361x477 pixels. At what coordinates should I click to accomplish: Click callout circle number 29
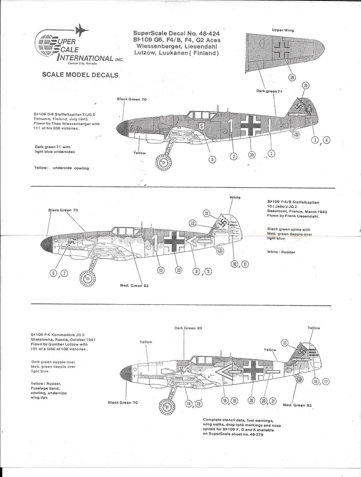coord(292,77)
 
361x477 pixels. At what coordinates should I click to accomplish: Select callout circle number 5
coord(212,159)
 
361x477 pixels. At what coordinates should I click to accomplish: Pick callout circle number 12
coord(192,223)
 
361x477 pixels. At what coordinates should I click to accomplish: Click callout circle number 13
coord(161,270)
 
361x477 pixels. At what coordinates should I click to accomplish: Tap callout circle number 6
coord(54,273)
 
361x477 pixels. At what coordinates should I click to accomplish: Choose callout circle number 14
coord(189,403)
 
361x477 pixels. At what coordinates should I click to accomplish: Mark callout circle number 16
coord(315,382)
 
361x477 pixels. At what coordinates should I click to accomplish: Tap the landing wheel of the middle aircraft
coord(88,278)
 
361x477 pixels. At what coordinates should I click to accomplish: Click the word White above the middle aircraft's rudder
coord(235,198)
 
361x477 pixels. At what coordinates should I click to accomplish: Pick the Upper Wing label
coord(283,30)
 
